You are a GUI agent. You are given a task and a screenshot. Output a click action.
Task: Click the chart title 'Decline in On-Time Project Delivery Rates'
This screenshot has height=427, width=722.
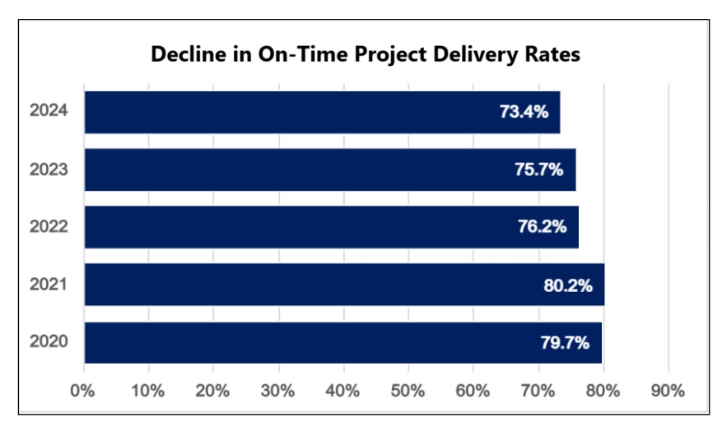coord(366,55)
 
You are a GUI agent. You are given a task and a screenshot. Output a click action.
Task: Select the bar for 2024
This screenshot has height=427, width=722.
coord(322,112)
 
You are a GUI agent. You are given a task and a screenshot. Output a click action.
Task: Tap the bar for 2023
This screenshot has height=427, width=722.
coord(329,169)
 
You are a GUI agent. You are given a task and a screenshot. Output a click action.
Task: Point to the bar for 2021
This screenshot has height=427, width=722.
coord(344,285)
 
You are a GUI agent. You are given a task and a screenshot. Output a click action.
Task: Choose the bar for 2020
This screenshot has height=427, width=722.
coord(342,342)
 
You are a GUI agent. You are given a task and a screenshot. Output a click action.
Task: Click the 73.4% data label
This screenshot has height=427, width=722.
coord(524,112)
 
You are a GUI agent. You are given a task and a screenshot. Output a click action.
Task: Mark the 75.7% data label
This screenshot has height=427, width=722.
coord(539,169)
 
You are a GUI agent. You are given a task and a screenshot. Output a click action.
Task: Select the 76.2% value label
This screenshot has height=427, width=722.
coord(543,227)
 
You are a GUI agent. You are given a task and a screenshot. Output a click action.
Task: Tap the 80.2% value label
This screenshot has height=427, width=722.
coord(568,285)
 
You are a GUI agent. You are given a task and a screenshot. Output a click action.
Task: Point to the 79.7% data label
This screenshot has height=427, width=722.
coord(566,342)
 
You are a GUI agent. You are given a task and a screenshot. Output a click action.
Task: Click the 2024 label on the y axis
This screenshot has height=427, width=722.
coord(48,112)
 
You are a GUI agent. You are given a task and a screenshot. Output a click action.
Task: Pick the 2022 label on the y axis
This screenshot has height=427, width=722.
coord(48,227)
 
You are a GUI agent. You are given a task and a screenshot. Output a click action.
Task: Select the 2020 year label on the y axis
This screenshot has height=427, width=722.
coord(48,342)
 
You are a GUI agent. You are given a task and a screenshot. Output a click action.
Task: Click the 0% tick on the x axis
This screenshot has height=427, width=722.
coord(83,391)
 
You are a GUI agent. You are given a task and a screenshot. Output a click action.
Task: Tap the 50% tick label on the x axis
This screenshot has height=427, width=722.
coord(408,391)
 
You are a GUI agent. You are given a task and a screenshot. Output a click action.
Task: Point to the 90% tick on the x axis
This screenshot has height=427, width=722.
coord(668,391)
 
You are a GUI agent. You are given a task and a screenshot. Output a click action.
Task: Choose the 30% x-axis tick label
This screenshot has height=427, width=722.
coord(278,391)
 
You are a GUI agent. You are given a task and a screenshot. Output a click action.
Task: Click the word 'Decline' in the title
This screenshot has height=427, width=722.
coord(183,55)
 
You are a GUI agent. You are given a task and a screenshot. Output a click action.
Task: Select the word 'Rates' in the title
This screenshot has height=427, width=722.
coord(553,55)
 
